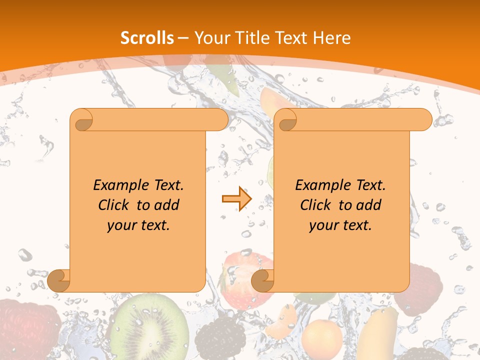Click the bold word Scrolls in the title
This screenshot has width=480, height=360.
click(x=147, y=38)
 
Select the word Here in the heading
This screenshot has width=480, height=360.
click(x=331, y=38)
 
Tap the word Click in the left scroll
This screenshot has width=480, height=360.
click(x=115, y=205)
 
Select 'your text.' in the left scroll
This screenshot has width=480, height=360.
click(x=138, y=225)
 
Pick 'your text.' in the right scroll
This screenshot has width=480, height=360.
click(x=340, y=225)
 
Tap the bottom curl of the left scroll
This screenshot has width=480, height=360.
click(x=59, y=280)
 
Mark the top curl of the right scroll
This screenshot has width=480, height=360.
click(x=286, y=120)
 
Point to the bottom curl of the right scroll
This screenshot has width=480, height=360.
click(x=262, y=280)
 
